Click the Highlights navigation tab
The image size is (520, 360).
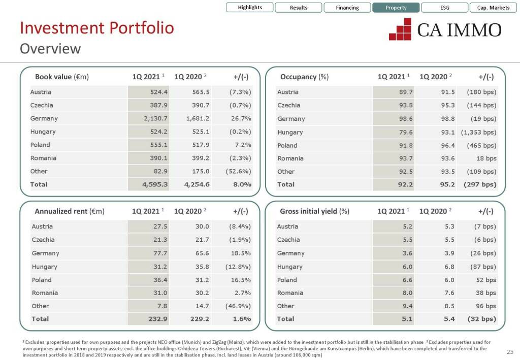pos(250,8)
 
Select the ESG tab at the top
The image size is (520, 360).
pos(444,8)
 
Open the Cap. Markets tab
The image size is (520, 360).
pos(493,8)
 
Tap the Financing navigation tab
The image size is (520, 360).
pos(347,8)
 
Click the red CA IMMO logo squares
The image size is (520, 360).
pos(400,29)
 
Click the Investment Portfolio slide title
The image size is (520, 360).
pos(97,28)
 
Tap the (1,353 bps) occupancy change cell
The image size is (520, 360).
pos(478,132)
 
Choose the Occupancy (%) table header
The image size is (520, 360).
pos(304,77)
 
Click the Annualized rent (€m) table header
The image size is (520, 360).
pos(70,211)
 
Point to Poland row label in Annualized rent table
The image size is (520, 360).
pos(42,280)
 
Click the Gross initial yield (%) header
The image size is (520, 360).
pos(314,211)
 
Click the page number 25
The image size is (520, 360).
pos(510,352)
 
